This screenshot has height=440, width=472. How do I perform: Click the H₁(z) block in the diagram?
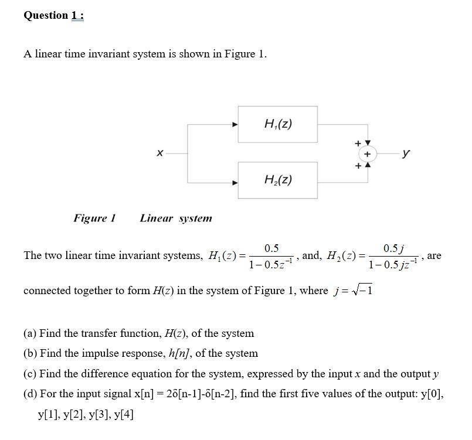coord(278,124)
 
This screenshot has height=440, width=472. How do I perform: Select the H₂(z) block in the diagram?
coord(278,180)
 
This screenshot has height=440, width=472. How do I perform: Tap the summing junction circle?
coord(367,154)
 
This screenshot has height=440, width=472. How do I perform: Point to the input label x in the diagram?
coord(159,154)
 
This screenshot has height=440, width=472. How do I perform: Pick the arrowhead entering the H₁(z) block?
coord(235,124)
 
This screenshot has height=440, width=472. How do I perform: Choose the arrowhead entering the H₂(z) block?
coord(235,181)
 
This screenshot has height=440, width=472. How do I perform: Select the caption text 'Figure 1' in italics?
coord(94,219)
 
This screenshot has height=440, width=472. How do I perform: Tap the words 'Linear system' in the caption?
coord(176,219)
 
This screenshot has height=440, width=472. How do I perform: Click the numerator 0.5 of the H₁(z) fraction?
coord(271,248)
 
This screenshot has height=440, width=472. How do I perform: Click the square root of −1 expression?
coord(364,291)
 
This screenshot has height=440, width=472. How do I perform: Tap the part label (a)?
coord(30,333)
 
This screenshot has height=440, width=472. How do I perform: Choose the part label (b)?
coord(30,353)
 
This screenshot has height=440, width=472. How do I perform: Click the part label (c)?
coord(30,374)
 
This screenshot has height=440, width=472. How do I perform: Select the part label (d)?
coord(30,394)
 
